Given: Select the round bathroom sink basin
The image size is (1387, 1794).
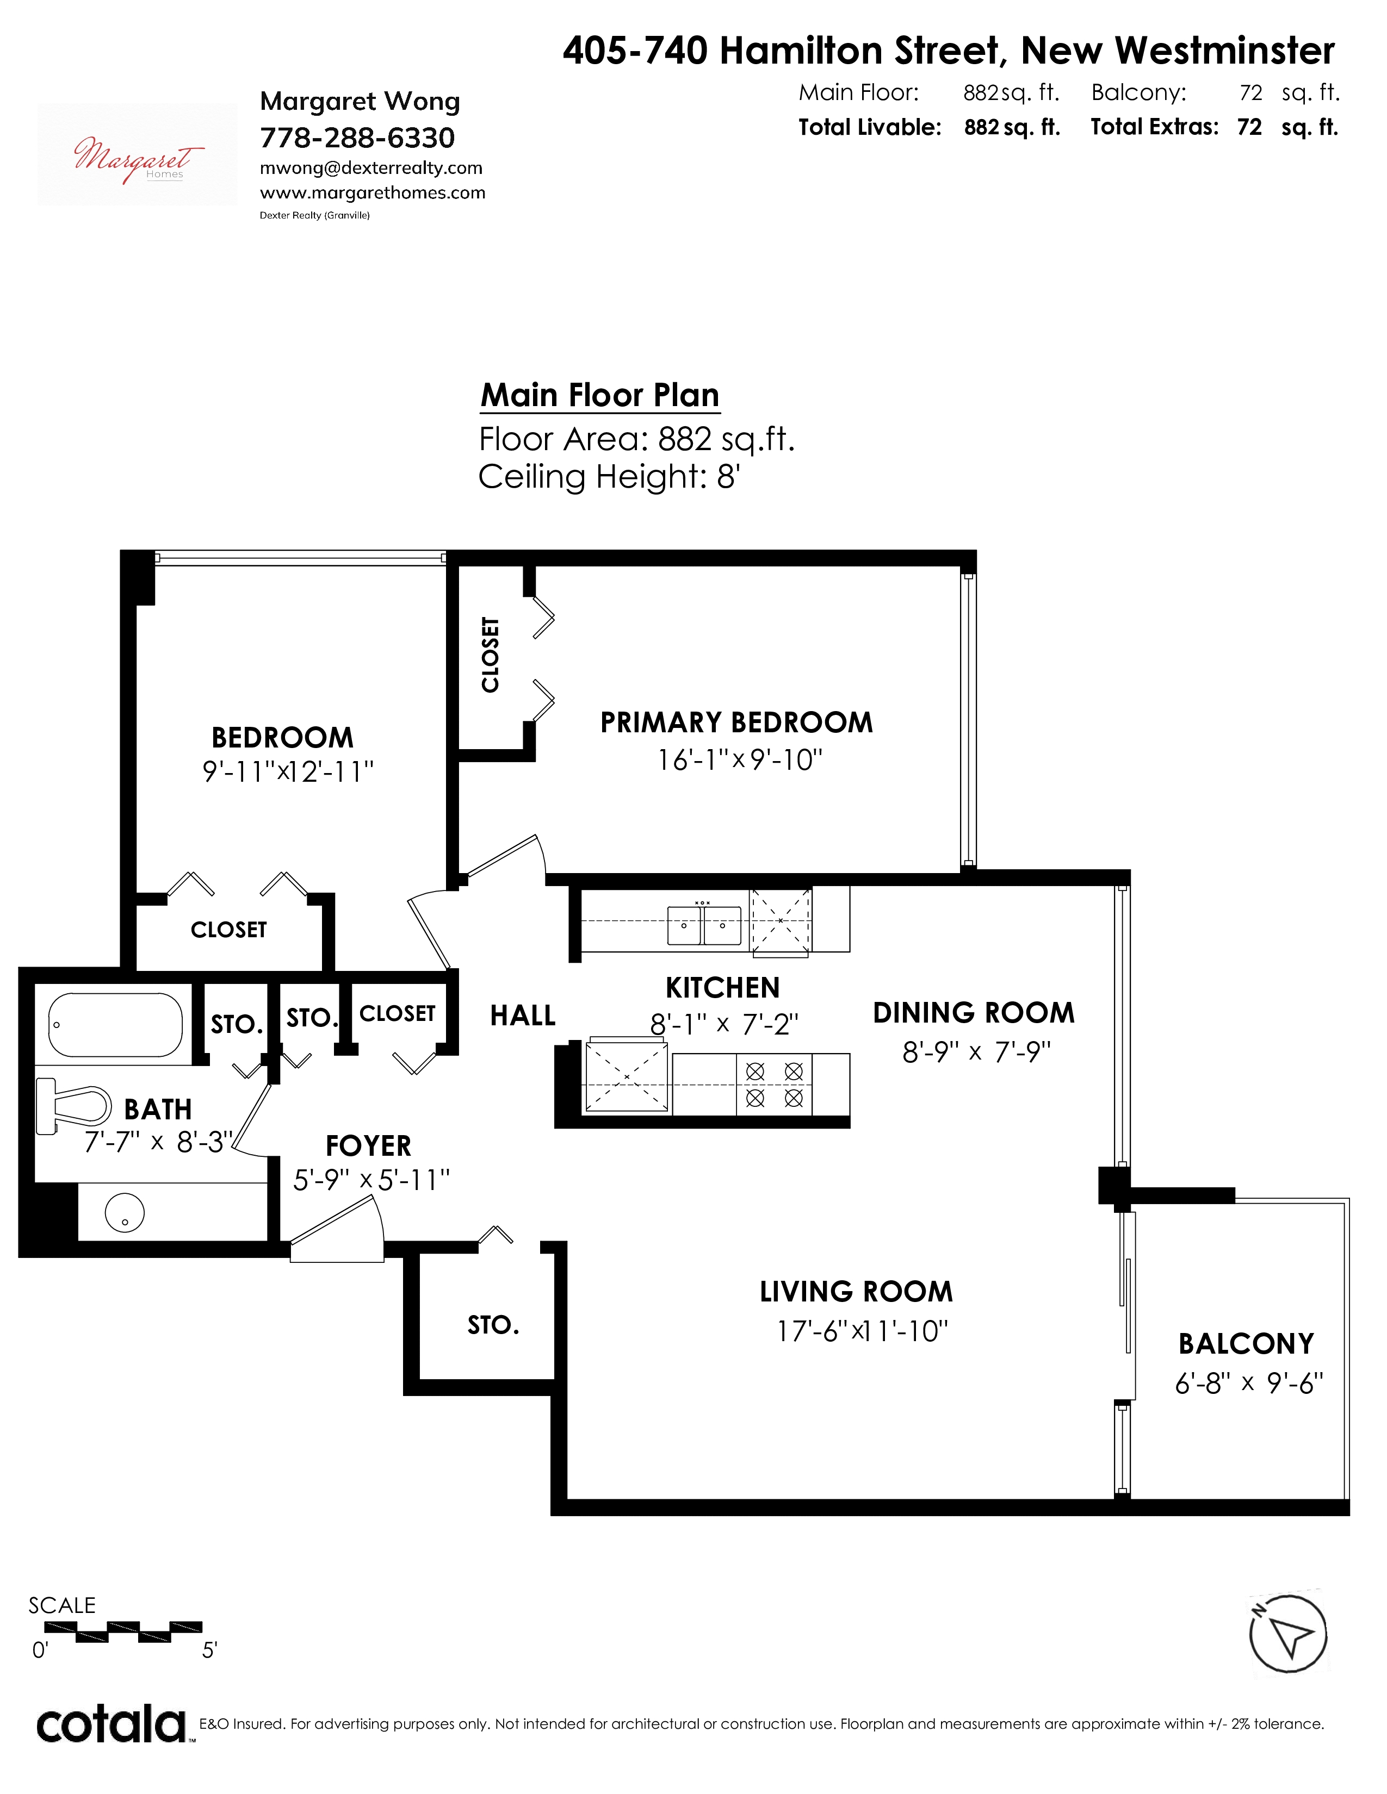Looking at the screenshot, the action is (x=125, y=1212).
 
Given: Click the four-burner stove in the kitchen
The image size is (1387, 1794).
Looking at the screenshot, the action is (x=774, y=1085).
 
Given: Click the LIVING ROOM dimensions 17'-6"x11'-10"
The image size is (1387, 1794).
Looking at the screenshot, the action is (x=862, y=1331).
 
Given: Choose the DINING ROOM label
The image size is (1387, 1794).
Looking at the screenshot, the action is (x=974, y=1013).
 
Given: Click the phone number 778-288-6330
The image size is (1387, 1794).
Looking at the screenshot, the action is (x=357, y=138).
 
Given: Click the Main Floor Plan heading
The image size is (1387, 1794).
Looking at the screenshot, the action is (x=600, y=395).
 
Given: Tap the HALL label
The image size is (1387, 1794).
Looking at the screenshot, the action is (x=523, y=1016).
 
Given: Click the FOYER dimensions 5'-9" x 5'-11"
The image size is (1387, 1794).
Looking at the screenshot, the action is (x=371, y=1180).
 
